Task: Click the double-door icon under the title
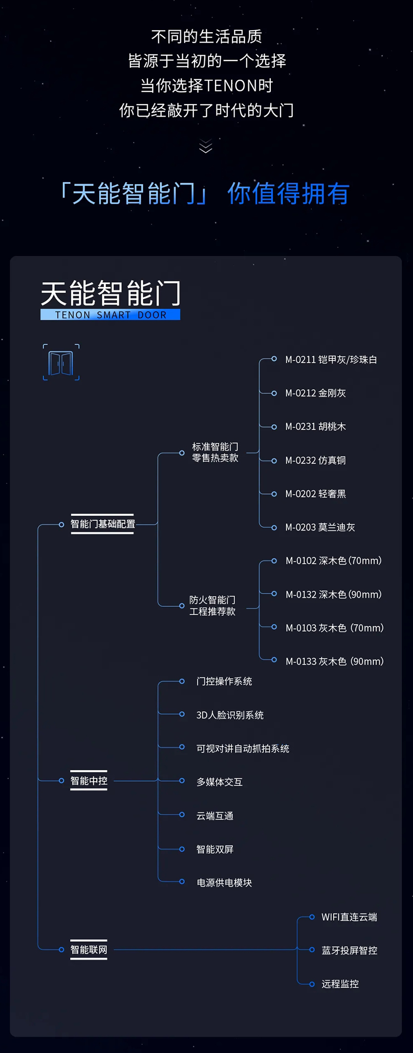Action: click(61, 363)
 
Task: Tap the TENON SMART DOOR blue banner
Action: click(110, 315)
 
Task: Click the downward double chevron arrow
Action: click(206, 146)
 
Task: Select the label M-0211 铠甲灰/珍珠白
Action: click(331, 360)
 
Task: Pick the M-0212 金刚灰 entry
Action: click(315, 393)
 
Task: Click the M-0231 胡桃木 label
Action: click(315, 427)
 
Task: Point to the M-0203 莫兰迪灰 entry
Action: click(320, 527)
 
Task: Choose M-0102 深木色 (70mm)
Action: click(333, 561)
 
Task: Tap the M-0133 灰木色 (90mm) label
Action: click(334, 661)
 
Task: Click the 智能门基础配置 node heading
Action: click(103, 524)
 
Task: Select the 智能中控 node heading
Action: click(89, 781)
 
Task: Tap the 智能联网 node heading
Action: click(89, 950)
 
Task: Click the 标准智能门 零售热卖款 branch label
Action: click(215, 453)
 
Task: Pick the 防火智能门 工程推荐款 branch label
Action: click(213, 606)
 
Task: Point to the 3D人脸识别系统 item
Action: click(230, 715)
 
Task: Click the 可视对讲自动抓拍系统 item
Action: click(242, 748)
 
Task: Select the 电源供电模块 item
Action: click(224, 883)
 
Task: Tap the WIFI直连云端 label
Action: click(349, 917)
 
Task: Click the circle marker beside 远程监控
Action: click(312, 984)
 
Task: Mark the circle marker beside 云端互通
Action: click(182, 815)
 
